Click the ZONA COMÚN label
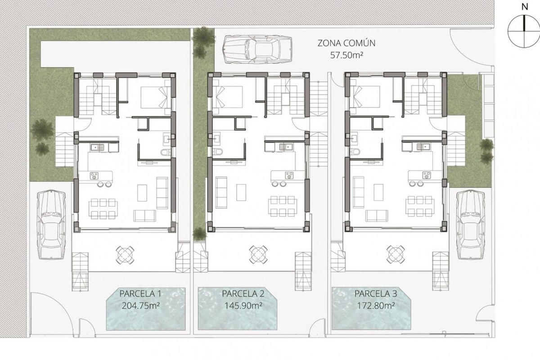(346, 43)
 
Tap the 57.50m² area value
(346, 55)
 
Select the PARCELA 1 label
(140, 294)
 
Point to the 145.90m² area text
(243, 306)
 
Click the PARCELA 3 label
(376, 294)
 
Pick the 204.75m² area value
(140, 306)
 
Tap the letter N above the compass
(525, 7)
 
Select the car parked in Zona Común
(257, 49)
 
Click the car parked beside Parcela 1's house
(51, 224)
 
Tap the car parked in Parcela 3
(471, 224)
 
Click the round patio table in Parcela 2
(258, 255)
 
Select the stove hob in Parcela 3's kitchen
(427, 175)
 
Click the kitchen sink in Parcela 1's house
(97, 147)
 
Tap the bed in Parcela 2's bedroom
(228, 97)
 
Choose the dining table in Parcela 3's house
(420, 206)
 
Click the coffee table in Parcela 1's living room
(142, 193)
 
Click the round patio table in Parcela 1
(125, 255)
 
